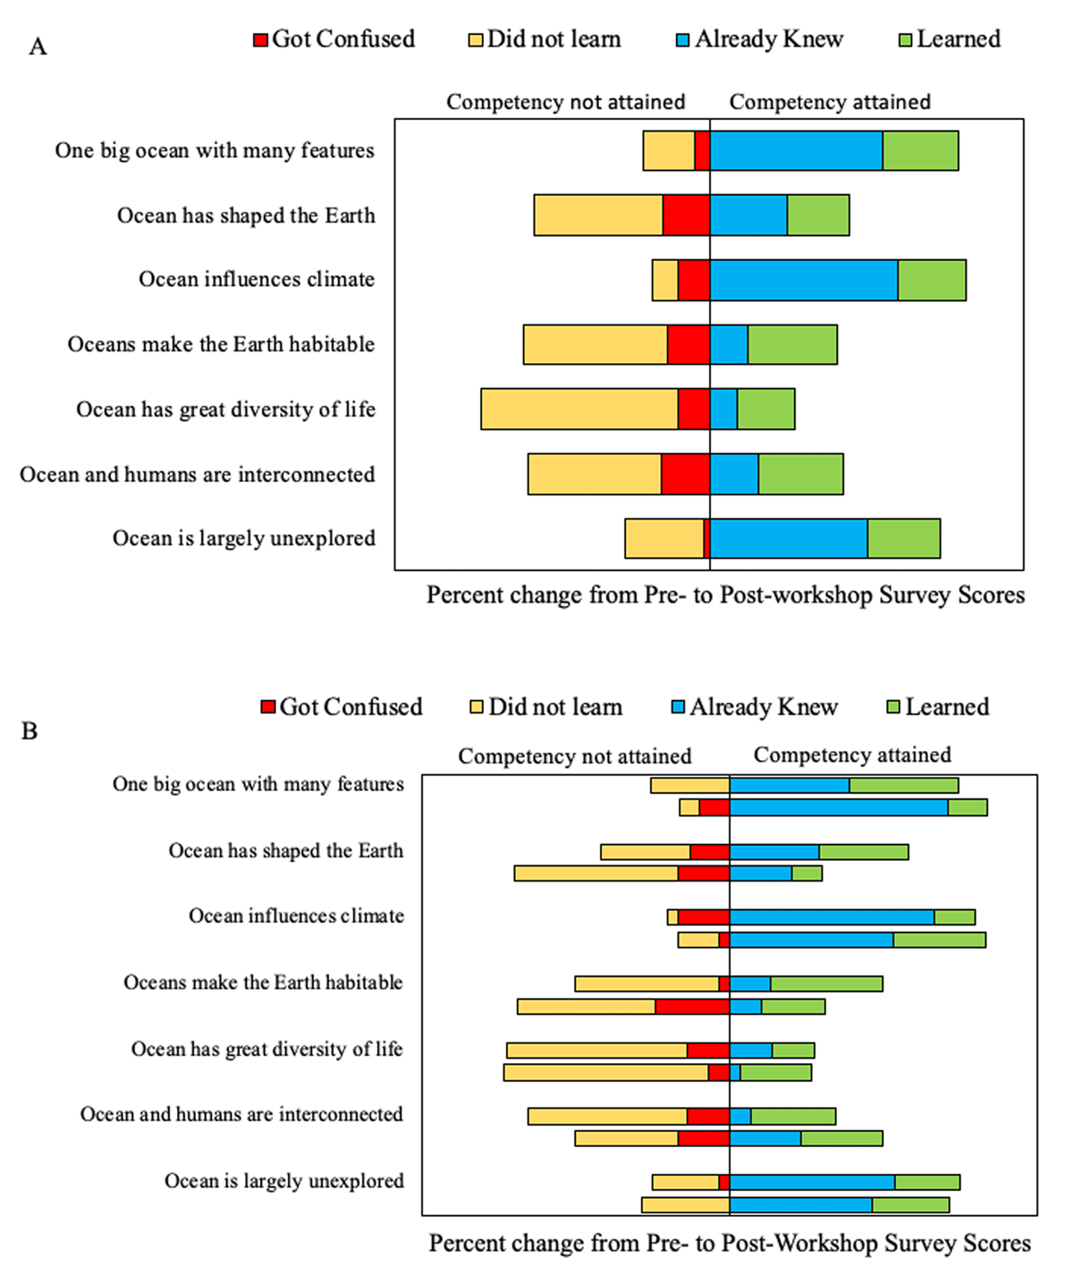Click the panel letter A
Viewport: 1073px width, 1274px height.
click(x=38, y=46)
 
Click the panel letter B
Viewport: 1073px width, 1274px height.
click(x=30, y=731)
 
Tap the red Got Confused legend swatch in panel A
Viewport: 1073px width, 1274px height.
click(x=261, y=40)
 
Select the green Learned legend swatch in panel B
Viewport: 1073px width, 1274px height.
click(x=892, y=708)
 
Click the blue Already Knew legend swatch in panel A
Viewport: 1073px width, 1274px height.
click(x=683, y=40)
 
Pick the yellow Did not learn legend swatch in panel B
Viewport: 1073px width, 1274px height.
click(x=477, y=708)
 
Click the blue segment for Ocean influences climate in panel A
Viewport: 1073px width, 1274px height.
click(x=804, y=280)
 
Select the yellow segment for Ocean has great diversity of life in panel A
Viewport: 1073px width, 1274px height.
click(x=579, y=409)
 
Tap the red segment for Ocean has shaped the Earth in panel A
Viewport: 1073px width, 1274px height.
click(x=687, y=215)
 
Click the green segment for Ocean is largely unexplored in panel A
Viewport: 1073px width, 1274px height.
click(x=903, y=538)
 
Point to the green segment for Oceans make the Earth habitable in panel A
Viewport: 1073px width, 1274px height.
click(x=792, y=344)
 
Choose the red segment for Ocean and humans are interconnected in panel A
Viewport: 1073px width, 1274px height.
click(x=686, y=474)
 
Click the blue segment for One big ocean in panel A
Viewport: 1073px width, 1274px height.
click(x=796, y=150)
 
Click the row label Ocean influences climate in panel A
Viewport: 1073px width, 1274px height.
click(x=257, y=280)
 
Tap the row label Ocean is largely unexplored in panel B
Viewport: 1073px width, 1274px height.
click(x=283, y=1181)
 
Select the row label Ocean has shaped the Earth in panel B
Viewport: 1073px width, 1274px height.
click(x=285, y=850)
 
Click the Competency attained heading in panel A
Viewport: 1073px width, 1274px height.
click(x=830, y=102)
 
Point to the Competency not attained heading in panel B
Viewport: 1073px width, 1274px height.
click(x=574, y=756)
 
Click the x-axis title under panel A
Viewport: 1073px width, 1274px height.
click(x=725, y=595)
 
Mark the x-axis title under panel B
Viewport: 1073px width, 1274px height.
click(x=730, y=1244)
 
